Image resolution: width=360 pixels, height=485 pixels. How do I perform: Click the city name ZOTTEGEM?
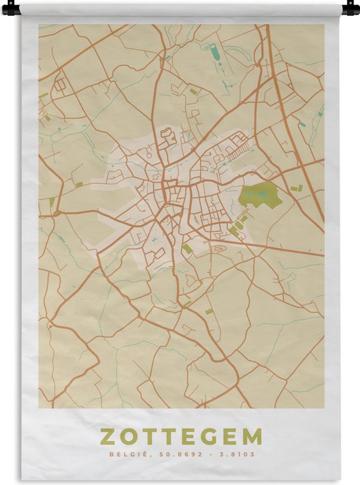181,437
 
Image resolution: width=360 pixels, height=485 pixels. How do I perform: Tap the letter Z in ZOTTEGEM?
106,437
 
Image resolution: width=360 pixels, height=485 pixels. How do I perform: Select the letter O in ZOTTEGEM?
128,437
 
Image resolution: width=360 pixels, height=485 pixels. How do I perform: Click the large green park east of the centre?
261,196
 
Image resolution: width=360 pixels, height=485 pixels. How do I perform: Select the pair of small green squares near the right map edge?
297,189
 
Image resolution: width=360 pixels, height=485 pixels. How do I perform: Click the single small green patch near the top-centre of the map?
194,91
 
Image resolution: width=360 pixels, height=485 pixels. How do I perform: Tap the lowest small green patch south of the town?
209,312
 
